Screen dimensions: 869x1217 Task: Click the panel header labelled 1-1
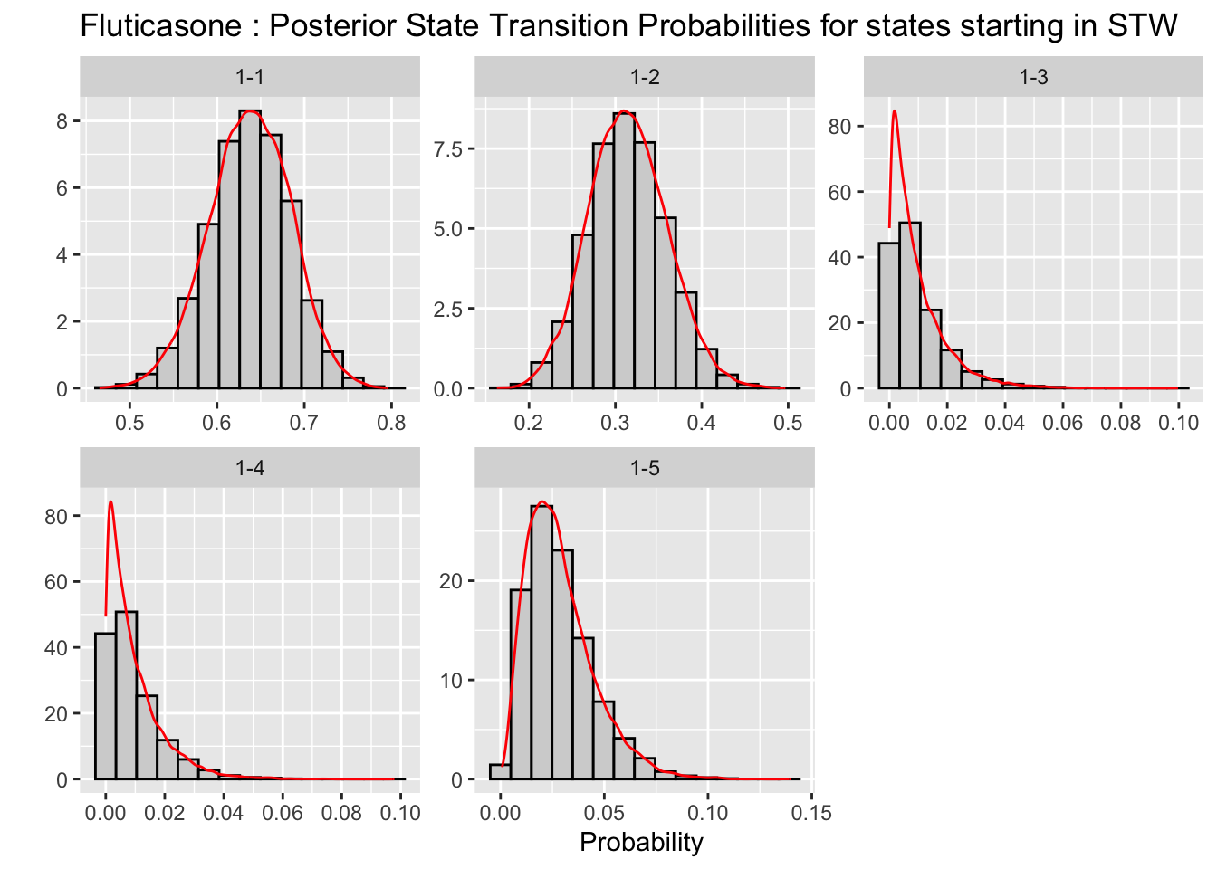coord(250,77)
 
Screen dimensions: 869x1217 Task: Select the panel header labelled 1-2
coord(645,77)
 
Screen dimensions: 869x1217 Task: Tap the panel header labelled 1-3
coord(1033,77)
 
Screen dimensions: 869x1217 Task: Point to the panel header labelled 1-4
coord(250,468)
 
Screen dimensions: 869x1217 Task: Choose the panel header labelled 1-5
coord(645,468)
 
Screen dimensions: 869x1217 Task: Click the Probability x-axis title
coord(641,843)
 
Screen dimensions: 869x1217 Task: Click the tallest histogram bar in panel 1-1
coord(250,249)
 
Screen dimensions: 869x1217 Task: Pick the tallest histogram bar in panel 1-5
coord(541,643)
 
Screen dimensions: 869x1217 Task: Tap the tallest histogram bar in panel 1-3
coord(910,305)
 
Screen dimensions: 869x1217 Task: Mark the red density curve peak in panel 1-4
coord(110,502)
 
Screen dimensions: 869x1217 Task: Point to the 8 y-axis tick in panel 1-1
coord(62,121)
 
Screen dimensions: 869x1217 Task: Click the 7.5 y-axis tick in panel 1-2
coord(448,148)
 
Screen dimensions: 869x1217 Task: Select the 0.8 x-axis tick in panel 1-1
coord(391,423)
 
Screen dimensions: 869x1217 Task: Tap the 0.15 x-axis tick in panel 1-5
coord(811,813)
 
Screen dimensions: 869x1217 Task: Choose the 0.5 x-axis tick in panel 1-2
coord(789,423)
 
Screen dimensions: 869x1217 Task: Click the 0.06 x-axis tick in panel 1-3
coord(1063,423)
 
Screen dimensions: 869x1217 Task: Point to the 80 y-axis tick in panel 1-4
coord(56,516)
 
